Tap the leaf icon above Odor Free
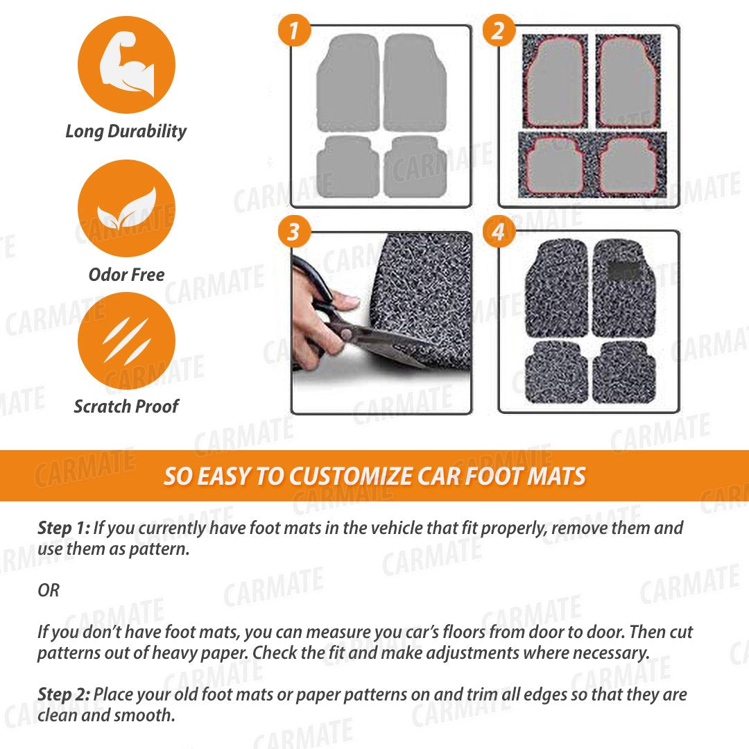tap(126, 209)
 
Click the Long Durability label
tap(126, 131)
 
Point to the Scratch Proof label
tap(126, 406)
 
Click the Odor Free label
tap(126, 275)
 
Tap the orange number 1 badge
tap(294, 31)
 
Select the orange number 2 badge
tap(499, 31)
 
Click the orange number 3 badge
tap(294, 232)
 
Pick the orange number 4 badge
tap(499, 232)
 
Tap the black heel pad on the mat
tap(624, 270)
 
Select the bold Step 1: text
tap(63, 528)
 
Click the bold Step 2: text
tap(64, 694)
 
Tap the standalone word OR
tap(49, 591)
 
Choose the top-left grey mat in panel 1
tap(347, 84)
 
